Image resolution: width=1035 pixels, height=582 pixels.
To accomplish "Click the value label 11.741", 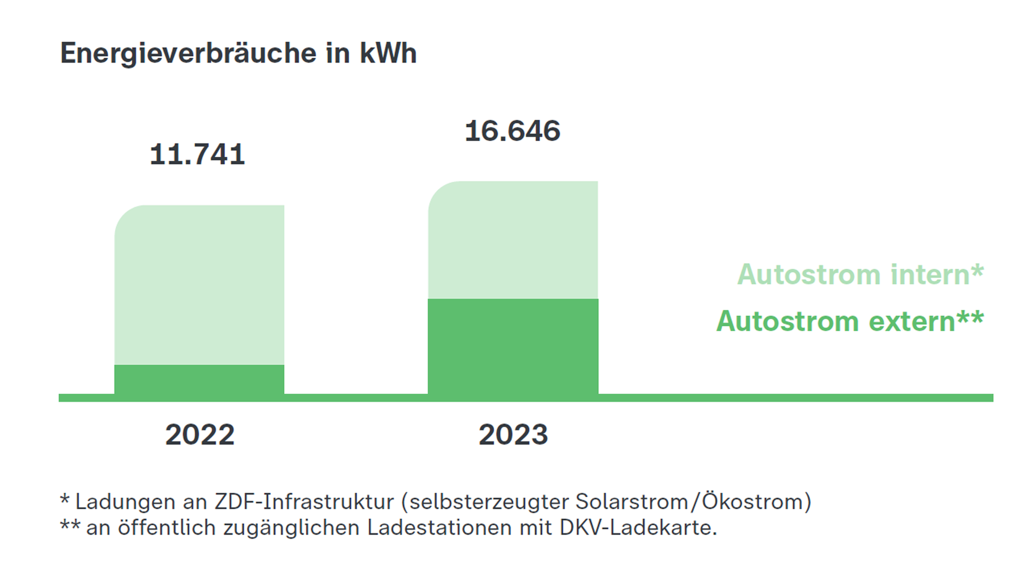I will (x=197, y=155).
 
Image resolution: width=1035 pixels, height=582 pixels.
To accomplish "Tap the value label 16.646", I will (x=512, y=131).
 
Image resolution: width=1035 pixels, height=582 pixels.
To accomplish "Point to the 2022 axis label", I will (x=199, y=434).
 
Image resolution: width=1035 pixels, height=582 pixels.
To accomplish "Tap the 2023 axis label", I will (x=513, y=434).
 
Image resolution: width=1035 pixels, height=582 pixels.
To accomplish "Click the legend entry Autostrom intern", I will (x=860, y=274).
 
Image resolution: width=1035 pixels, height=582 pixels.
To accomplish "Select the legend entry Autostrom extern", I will (x=850, y=321).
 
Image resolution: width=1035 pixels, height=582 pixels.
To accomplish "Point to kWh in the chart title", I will (x=388, y=53).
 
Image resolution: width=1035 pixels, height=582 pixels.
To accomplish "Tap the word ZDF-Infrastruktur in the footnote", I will (x=304, y=502).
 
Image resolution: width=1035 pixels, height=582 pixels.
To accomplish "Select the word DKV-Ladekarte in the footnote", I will (x=638, y=528).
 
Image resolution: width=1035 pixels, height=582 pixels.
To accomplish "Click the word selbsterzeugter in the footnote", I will (x=488, y=502).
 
